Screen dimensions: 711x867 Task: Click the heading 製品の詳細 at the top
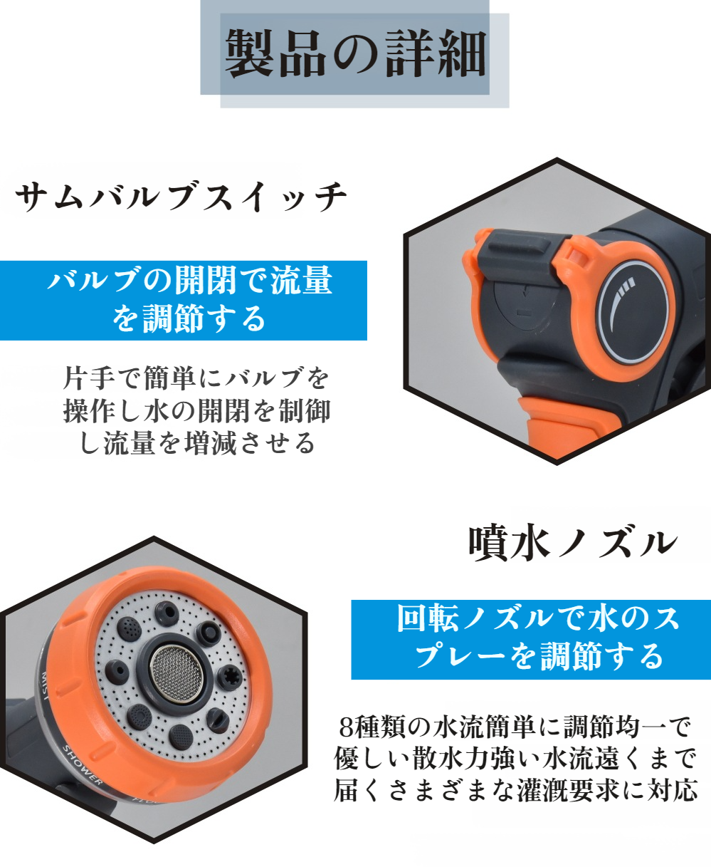pos(356,54)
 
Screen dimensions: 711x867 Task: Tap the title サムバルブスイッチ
pos(181,197)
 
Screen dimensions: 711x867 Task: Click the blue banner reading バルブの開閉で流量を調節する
pos(183,301)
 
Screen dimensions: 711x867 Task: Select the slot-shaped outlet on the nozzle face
pos(218,720)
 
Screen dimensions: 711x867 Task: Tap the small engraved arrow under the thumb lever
pos(525,293)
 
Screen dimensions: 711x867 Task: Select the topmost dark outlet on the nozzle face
pos(167,613)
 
